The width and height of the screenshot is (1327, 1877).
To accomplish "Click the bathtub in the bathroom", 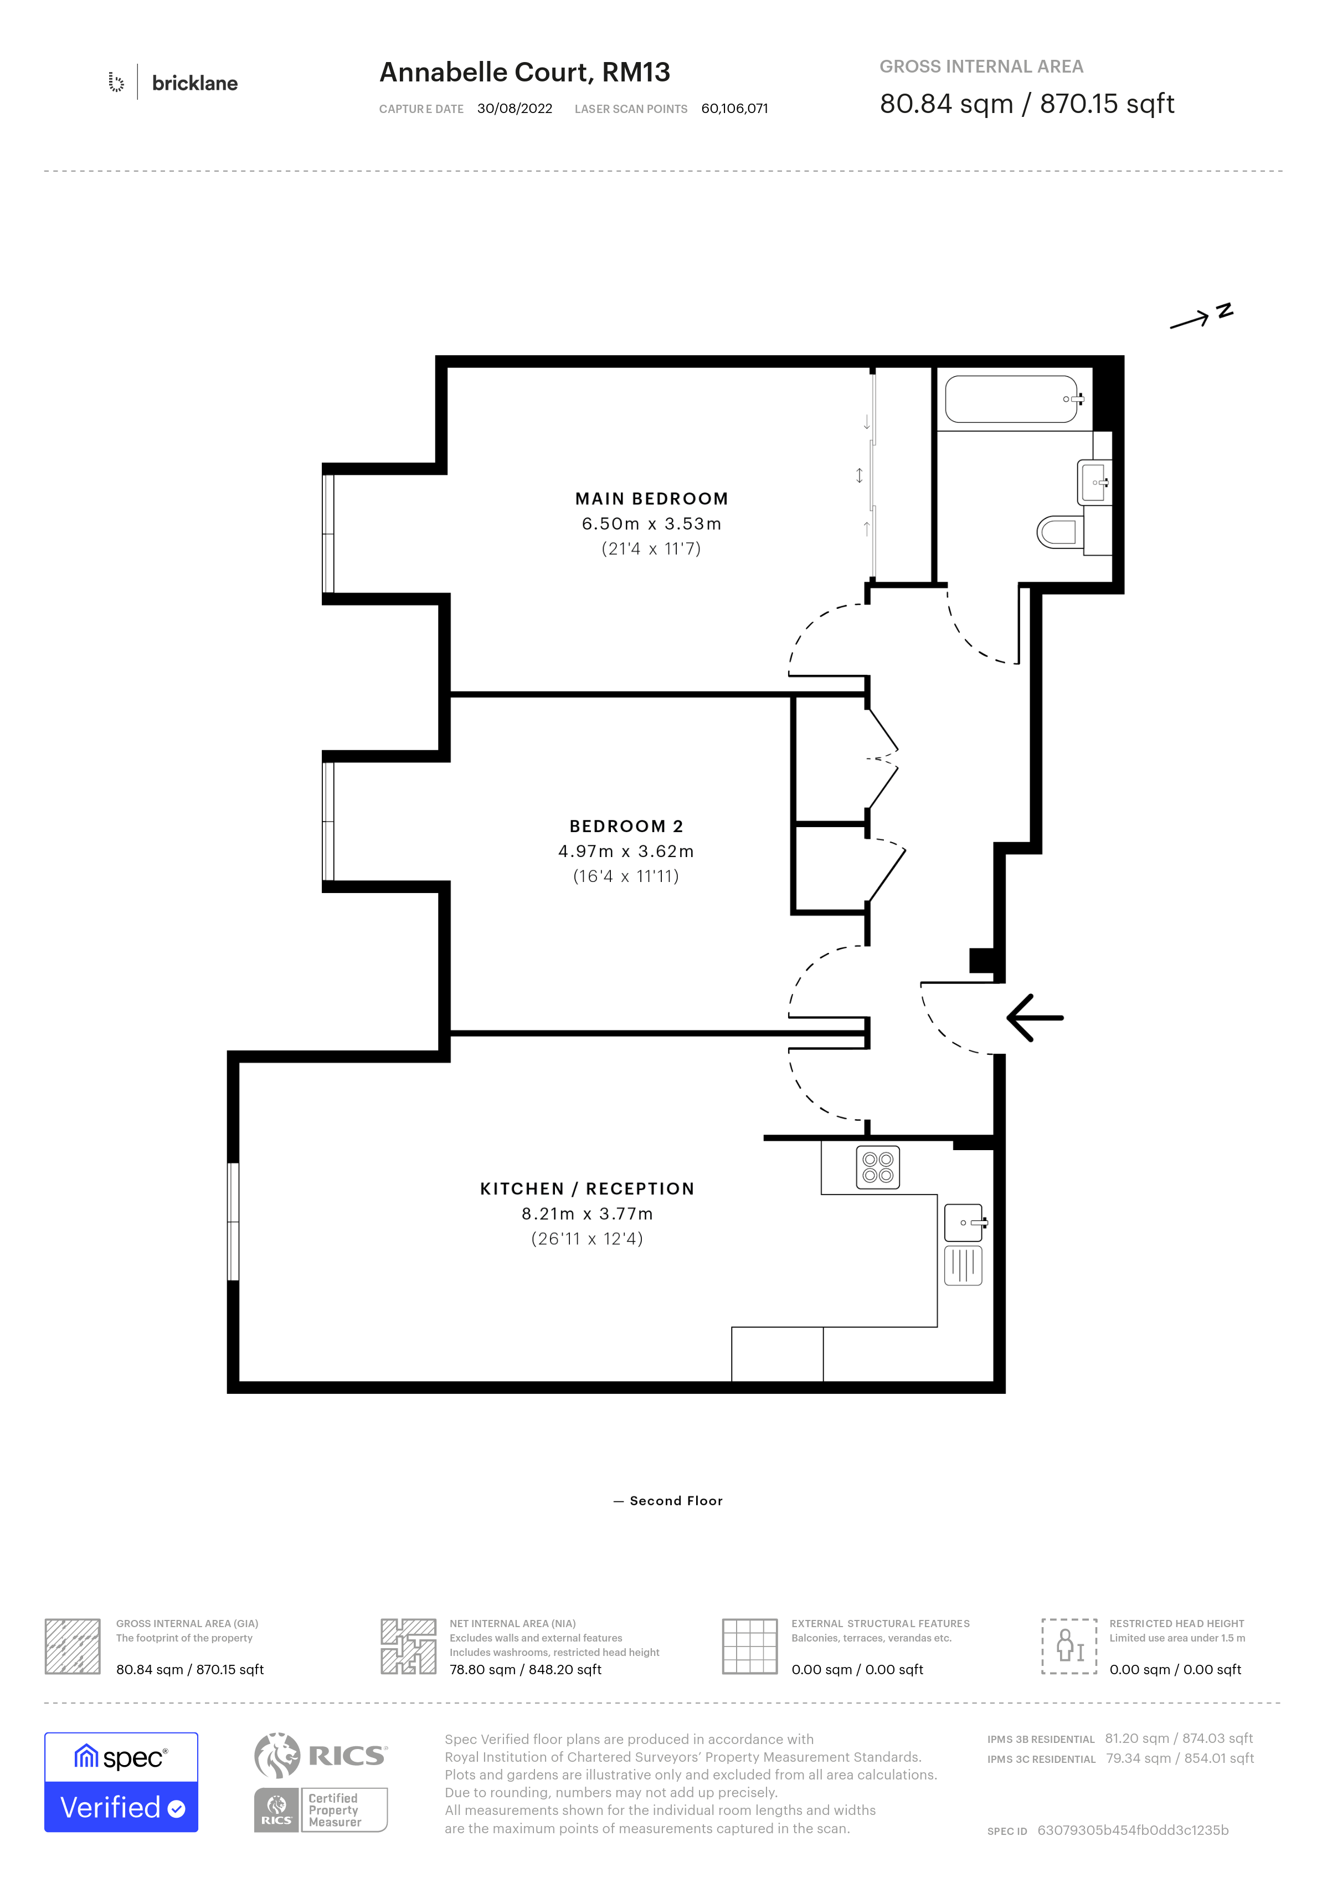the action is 1013,399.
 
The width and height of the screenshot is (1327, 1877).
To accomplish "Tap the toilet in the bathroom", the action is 1060,532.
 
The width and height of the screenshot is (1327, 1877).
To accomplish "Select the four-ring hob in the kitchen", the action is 878,1167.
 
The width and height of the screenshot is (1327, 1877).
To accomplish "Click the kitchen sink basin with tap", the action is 965,1223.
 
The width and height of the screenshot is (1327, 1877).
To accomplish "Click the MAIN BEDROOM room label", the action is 651,499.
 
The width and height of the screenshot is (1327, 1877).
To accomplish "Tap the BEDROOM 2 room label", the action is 626,827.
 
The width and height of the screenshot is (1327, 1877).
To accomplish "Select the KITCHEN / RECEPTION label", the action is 587,1189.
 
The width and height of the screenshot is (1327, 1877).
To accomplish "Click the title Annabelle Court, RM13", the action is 524,72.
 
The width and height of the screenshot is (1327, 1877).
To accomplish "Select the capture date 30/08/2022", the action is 515,109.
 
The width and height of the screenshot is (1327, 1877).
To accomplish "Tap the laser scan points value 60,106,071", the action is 734,109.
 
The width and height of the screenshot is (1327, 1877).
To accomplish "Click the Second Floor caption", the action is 676,1501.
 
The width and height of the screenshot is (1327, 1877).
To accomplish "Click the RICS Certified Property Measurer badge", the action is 320,1810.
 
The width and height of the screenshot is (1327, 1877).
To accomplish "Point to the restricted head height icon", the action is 1069,1647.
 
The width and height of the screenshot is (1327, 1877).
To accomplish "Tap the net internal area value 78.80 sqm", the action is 482,1669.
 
